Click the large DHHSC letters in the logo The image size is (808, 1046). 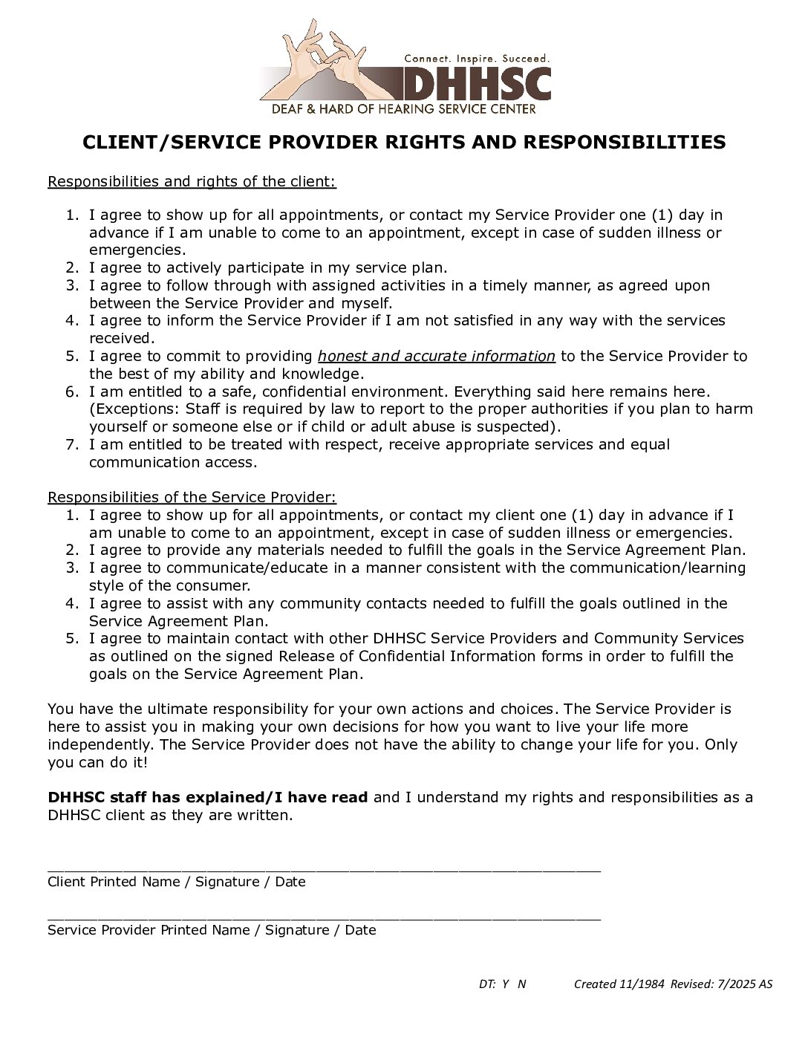[475, 84]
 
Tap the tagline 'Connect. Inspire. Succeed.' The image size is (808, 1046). [476, 58]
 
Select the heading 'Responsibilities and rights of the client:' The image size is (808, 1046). [192, 182]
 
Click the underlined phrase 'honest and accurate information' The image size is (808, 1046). [436, 357]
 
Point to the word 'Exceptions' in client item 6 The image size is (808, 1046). [131, 409]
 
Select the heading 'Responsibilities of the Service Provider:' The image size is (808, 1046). [192, 497]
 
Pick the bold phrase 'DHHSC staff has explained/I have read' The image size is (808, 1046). [208, 798]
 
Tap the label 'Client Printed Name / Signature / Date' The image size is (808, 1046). [177, 882]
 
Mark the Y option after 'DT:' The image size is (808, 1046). [505, 984]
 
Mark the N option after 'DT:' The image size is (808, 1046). [521, 984]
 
